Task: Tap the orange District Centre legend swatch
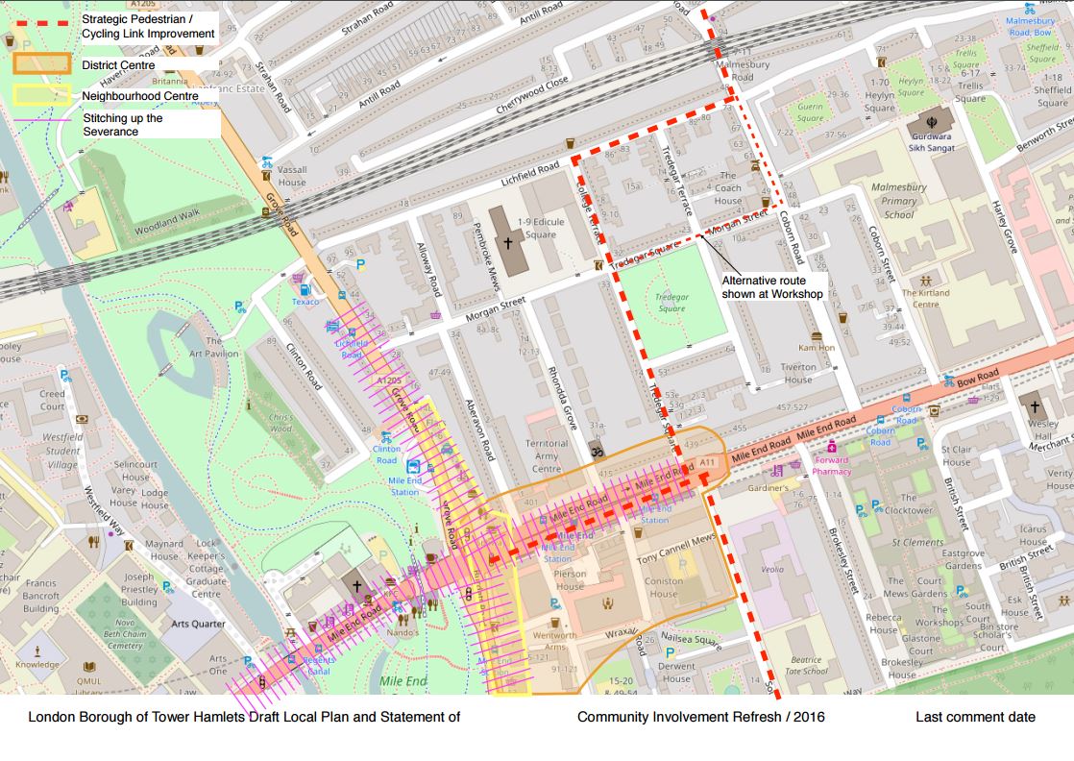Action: [x=41, y=64]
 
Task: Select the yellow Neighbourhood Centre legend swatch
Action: [x=41, y=95]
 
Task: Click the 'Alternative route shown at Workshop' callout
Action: [x=772, y=286]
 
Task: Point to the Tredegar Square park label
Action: [x=671, y=303]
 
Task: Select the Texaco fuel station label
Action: [x=305, y=301]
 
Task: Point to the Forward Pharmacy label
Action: [x=832, y=466]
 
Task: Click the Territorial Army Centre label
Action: [x=547, y=456]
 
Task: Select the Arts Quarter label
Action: [x=198, y=624]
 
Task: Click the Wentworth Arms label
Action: [x=554, y=641]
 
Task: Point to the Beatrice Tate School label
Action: [x=805, y=666]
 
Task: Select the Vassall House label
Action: [x=292, y=175]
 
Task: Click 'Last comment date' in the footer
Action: [x=975, y=717]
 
